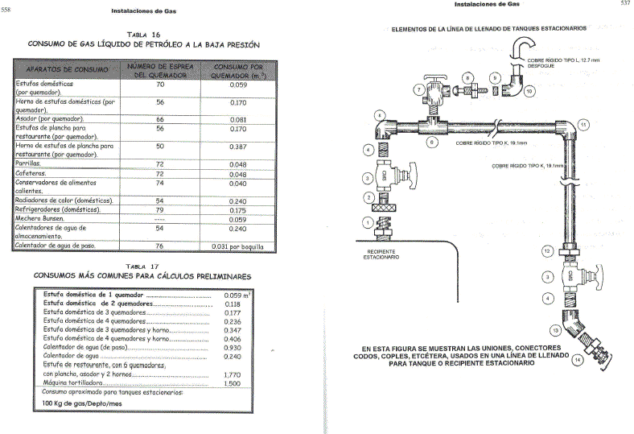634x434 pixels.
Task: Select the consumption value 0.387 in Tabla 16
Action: click(237, 147)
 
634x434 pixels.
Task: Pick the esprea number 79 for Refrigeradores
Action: click(160, 209)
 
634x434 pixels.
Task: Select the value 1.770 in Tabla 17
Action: click(233, 374)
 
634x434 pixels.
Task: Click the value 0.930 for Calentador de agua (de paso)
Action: click(233, 347)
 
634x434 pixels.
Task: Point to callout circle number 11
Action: click(583, 124)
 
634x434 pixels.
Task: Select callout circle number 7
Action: click(418, 89)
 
